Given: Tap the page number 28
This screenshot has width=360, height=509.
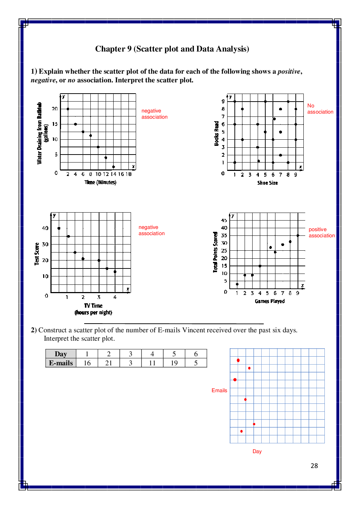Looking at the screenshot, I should (x=314, y=466).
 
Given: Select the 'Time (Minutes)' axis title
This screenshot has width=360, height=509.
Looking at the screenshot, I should (x=101, y=182).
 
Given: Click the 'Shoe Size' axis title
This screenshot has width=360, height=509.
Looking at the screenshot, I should (x=267, y=183).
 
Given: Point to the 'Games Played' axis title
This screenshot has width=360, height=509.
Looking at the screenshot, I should (x=270, y=301).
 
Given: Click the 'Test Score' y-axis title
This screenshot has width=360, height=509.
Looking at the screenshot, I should (x=37, y=254).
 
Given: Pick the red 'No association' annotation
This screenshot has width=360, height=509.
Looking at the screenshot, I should (x=320, y=109).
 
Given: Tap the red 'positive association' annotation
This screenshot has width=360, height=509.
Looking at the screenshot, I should (x=322, y=233).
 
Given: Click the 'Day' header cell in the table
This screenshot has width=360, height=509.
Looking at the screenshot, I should (x=61, y=354).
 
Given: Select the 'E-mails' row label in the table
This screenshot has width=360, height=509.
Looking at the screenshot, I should (x=61, y=363).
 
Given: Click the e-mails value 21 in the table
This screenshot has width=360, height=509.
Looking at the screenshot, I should (x=109, y=363).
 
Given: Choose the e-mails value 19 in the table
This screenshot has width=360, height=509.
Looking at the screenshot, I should (x=174, y=363).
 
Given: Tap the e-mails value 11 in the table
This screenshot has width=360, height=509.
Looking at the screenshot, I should (x=152, y=363).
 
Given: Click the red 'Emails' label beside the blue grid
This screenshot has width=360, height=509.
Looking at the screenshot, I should (x=219, y=390).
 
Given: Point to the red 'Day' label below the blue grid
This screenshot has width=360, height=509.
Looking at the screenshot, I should (x=257, y=451).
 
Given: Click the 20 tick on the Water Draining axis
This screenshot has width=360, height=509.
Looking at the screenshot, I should (x=54, y=109).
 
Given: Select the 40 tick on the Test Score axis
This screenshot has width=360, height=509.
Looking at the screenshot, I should (x=45, y=228).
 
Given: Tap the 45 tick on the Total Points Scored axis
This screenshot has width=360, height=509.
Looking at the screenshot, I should (x=224, y=220).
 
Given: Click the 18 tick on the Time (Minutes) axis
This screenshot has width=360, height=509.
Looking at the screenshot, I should (x=128, y=174).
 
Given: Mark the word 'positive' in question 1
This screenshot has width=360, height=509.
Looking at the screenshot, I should (x=289, y=71).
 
